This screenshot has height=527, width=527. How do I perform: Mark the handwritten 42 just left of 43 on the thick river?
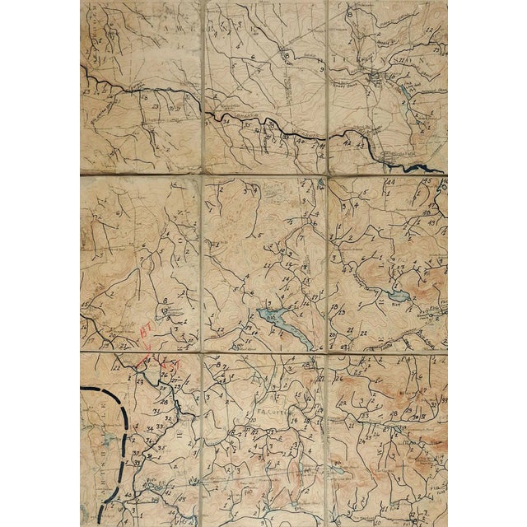point(347,142)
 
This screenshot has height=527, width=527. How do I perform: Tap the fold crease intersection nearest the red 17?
point(201,352)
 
